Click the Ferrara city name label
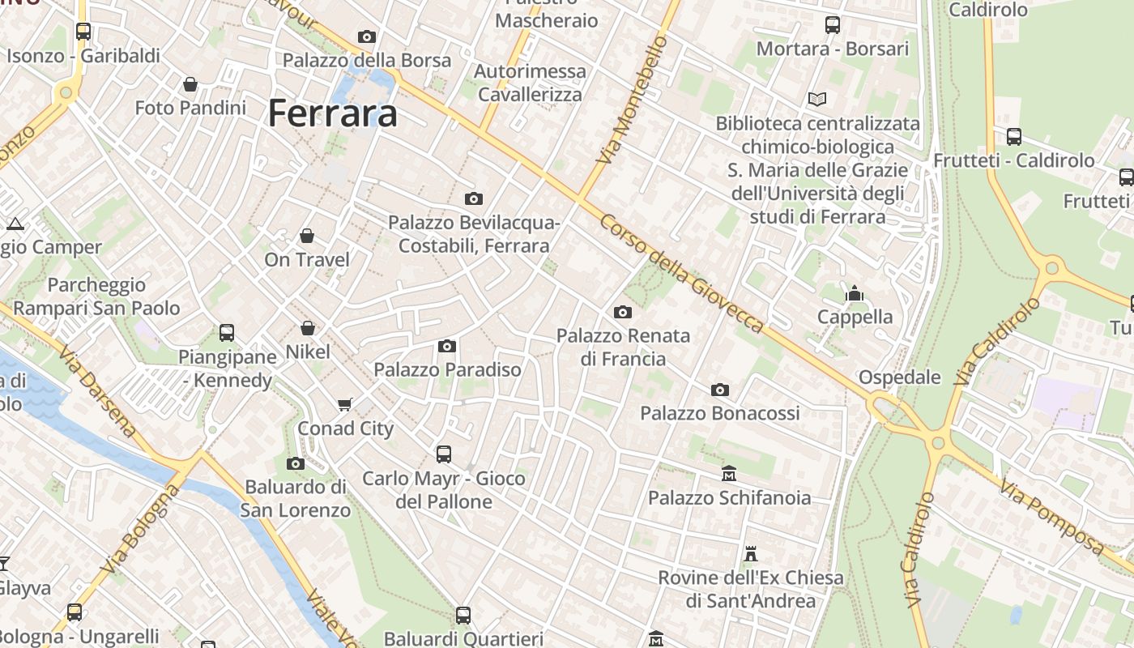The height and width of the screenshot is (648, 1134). [332, 113]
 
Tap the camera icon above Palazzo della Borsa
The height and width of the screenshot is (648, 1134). [367, 36]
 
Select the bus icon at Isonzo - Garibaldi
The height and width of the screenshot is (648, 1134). [83, 32]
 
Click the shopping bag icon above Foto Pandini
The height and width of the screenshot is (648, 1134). [190, 84]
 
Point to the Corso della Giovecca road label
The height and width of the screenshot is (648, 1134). [682, 273]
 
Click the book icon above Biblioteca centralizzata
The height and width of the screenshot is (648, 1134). [817, 99]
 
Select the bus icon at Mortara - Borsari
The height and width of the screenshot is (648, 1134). [833, 25]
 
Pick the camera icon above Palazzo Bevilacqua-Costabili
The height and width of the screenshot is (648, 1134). [474, 198]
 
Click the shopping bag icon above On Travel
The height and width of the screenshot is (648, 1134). [307, 236]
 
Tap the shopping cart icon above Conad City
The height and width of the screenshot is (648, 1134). [345, 404]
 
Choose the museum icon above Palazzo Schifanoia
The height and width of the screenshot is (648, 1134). [729, 473]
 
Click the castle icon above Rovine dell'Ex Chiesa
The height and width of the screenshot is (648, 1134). [751, 554]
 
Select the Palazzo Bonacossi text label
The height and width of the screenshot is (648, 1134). [720, 413]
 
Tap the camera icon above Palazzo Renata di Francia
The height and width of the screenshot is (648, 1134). [623, 312]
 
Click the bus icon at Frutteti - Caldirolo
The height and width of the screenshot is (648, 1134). [1013, 137]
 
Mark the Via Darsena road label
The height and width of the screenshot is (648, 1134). [96, 391]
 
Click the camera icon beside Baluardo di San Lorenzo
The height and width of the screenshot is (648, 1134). [296, 463]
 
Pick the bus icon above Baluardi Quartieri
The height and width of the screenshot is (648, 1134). [463, 616]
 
